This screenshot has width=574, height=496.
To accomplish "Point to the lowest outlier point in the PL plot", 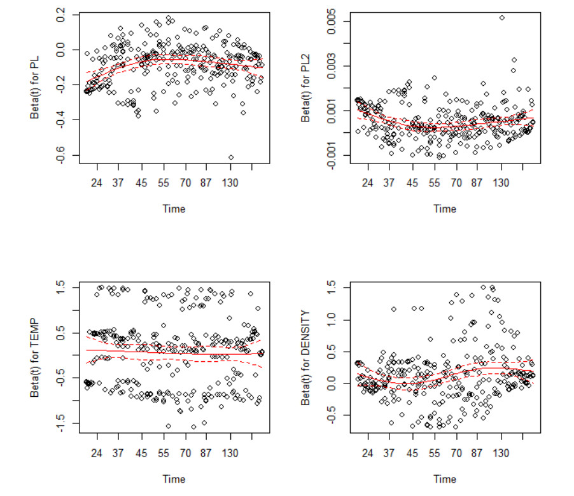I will click(231, 157).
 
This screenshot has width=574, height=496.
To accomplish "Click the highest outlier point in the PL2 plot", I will click(501, 18).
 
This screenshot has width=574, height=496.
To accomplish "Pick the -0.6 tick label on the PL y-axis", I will click(62, 155).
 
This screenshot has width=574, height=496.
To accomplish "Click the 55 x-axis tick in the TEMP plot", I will click(164, 454).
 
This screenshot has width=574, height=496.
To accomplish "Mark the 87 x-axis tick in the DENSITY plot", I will click(477, 454).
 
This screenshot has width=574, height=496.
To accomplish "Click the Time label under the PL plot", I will click(173, 208).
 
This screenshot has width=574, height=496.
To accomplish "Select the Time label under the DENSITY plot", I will click(445, 478).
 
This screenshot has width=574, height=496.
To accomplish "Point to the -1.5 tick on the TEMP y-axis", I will click(62, 423).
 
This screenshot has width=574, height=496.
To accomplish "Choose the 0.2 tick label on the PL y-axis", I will click(62, 16).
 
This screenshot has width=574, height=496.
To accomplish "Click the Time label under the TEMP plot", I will click(173, 478).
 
